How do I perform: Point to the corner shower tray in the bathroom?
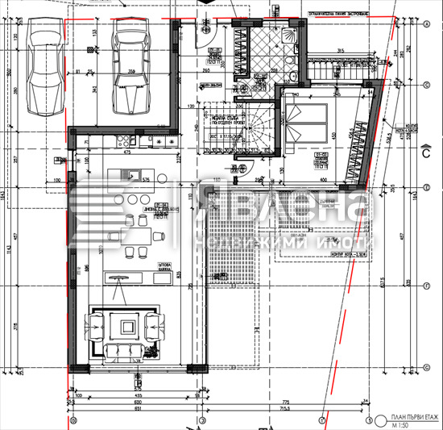point(288,36)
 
